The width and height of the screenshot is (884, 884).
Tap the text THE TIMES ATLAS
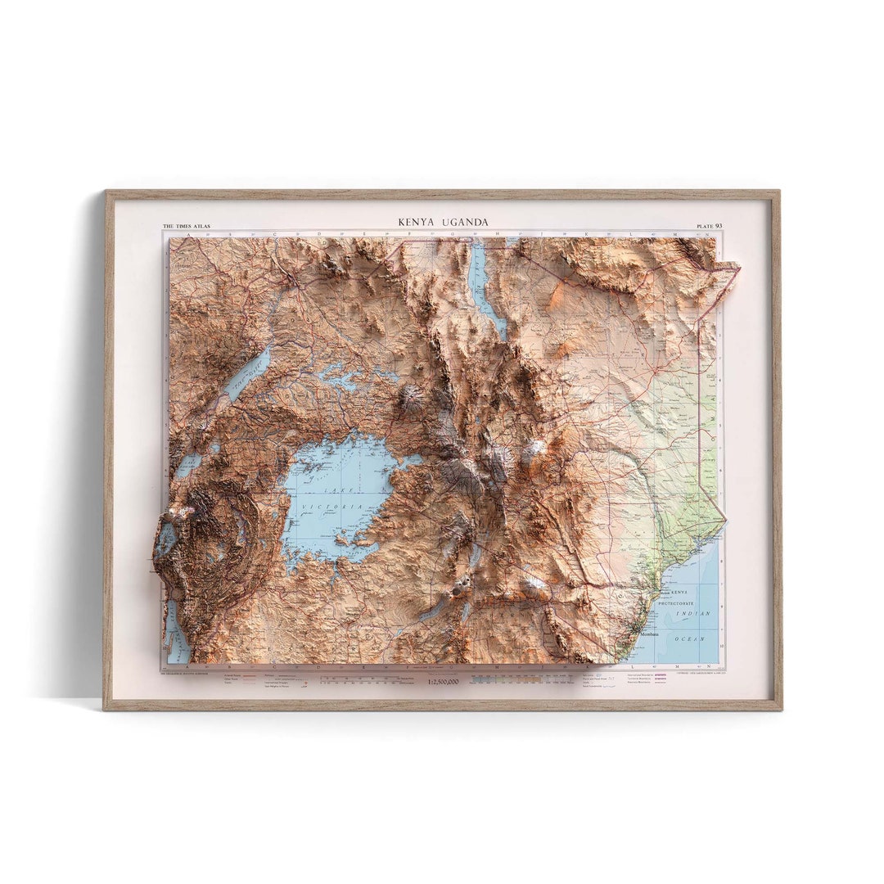click(186, 226)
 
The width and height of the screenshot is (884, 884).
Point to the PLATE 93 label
click(709, 226)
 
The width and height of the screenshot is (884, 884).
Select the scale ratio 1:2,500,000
click(443, 681)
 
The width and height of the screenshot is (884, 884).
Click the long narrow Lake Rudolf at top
click(485, 291)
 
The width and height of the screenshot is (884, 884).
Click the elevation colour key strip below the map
click(524, 679)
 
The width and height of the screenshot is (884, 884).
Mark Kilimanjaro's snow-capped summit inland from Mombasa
click(537, 584)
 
